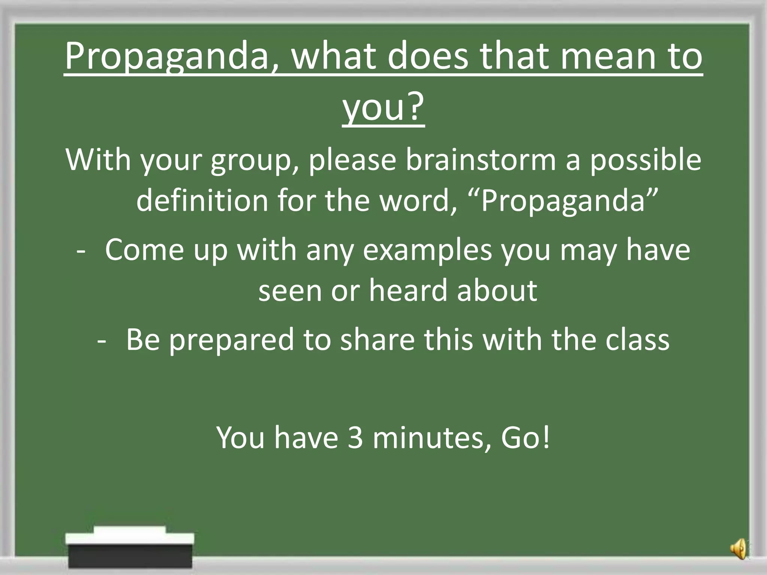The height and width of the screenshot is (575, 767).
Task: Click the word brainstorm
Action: [x=481, y=160]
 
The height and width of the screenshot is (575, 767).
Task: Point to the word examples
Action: [x=427, y=250]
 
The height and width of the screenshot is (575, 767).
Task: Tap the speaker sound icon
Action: [x=738, y=549]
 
